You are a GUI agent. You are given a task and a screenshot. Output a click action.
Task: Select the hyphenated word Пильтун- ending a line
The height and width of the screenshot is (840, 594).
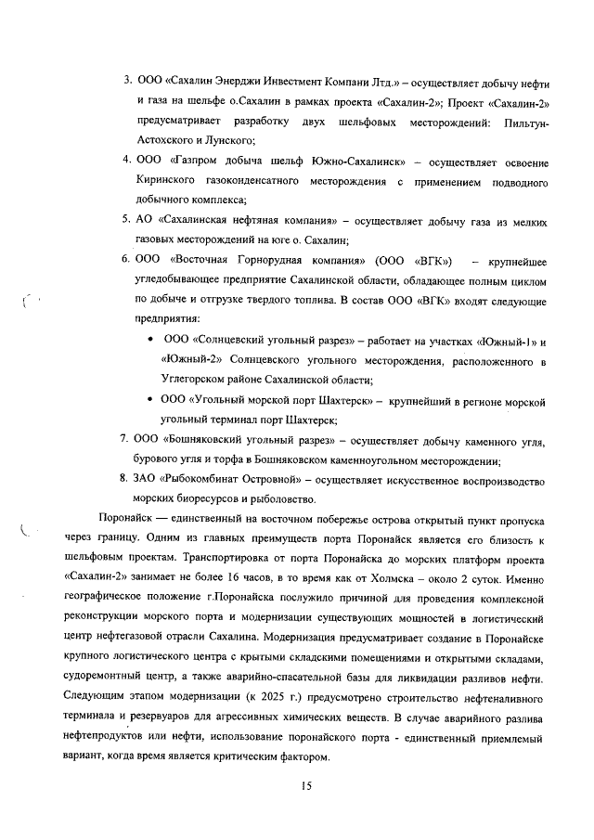pos(525,123)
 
